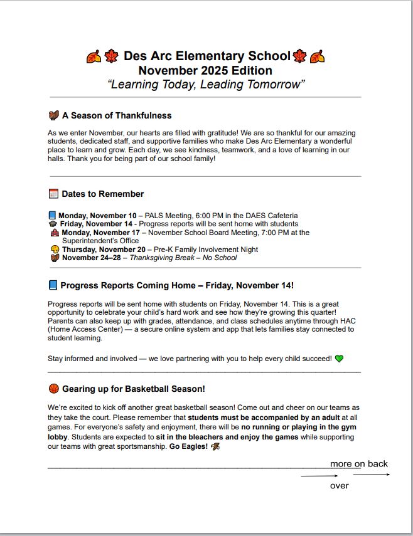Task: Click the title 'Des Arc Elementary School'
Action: click(206, 56)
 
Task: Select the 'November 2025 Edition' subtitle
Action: click(205, 70)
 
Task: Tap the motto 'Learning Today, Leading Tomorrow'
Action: click(206, 85)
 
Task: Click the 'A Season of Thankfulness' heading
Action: click(116, 115)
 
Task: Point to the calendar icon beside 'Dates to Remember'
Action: click(53, 194)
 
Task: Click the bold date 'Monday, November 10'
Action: click(97, 216)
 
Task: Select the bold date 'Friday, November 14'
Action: click(96, 224)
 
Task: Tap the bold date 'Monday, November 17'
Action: click(100, 233)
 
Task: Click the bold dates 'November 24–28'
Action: click(91, 258)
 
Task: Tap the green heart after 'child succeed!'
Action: click(339, 359)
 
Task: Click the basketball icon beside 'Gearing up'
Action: click(53, 389)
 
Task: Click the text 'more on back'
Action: click(359, 464)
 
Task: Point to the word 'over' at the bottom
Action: click(340, 485)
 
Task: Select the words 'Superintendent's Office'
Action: click(100, 241)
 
